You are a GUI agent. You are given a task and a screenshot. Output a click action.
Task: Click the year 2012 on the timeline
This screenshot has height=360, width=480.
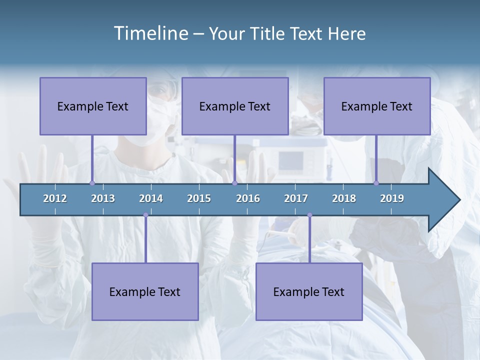coord(55,198)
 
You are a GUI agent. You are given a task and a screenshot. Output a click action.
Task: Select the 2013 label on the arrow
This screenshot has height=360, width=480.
coord(103,198)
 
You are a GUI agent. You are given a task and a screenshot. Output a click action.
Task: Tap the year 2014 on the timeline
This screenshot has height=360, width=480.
coord(151,198)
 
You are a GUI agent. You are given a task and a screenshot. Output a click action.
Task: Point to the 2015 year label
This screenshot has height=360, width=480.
coord(199,198)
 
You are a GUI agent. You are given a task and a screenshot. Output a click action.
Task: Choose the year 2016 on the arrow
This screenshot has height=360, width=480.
coord(248,198)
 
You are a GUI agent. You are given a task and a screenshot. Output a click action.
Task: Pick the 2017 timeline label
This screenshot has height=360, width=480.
coord(296,198)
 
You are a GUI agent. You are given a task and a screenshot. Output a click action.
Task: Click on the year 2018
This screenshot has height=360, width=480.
coord(344,198)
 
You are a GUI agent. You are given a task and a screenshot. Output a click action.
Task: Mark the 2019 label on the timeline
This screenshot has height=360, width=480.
coord(392,198)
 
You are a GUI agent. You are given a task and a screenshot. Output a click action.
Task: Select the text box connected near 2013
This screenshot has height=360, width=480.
coord(93,106)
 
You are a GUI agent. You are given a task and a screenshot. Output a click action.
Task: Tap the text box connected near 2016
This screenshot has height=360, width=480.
coord(235,106)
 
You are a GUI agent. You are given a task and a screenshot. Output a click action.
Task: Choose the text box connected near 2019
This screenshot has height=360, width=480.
coord(377,106)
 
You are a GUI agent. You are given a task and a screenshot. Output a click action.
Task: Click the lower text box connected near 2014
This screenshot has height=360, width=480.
coord(145,291)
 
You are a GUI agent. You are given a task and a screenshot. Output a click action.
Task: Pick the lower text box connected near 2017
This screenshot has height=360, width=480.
coord(309,291)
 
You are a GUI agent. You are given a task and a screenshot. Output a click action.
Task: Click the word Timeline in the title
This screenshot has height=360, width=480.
coord(149,33)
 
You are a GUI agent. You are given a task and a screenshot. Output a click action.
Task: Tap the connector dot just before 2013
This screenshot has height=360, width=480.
coord(92,183)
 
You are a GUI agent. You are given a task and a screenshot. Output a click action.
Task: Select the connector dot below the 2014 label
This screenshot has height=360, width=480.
coord(145,215)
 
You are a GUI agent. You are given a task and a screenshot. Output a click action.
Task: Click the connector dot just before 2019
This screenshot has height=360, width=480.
coord(376,183)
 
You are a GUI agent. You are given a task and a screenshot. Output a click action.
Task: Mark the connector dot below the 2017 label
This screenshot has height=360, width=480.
coord(309,215)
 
